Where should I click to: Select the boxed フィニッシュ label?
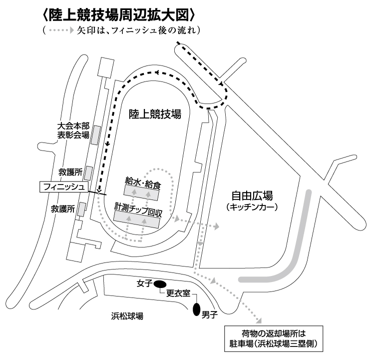(63, 187)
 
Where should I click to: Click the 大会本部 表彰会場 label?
(73, 131)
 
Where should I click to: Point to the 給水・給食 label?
(143, 181)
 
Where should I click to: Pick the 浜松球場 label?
(127, 316)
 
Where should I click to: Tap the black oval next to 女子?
(160, 284)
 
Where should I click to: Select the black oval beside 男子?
(196, 310)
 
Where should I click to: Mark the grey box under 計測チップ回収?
(137, 217)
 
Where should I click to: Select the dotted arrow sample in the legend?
(59, 30)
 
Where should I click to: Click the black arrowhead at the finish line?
(100, 189)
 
